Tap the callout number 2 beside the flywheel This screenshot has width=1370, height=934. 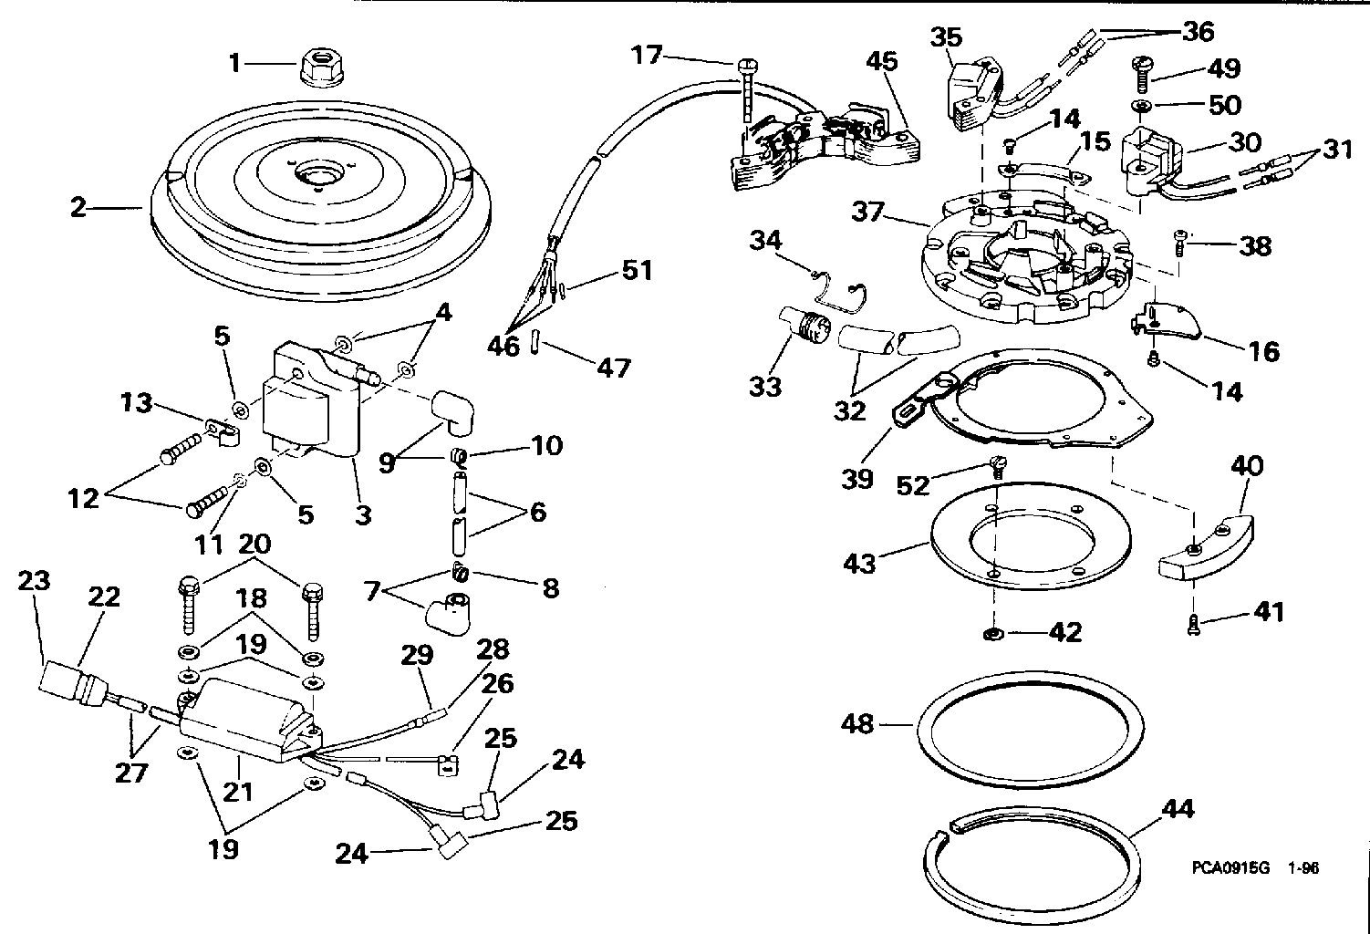(79, 209)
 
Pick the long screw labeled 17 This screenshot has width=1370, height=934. (747, 87)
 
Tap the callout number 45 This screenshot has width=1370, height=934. (882, 62)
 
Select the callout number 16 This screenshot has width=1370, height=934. (1264, 351)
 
